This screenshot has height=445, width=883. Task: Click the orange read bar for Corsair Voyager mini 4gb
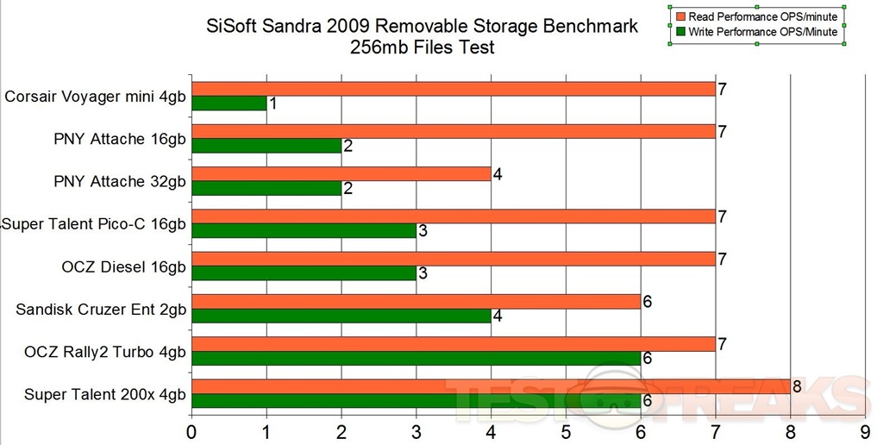pyautogui.click(x=453, y=89)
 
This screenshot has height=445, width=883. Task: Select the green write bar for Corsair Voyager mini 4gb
pyautogui.click(x=229, y=103)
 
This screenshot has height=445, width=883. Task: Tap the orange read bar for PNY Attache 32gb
pyautogui.click(x=341, y=174)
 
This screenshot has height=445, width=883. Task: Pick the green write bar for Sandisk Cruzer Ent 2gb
pyautogui.click(x=341, y=317)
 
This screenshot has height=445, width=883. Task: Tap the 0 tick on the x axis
pyautogui.click(x=191, y=429)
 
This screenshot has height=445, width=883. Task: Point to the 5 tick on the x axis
pyautogui.click(x=566, y=429)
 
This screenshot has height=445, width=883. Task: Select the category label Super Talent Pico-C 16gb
pyautogui.click(x=95, y=224)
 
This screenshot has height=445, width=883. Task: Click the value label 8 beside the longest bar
pyautogui.click(x=798, y=386)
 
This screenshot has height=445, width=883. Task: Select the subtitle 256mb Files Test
pyautogui.click(x=423, y=47)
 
